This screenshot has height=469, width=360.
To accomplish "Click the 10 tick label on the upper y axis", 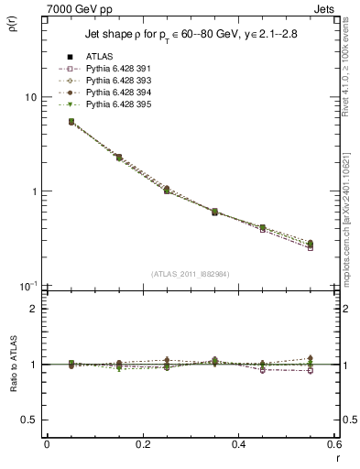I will tap(29, 97).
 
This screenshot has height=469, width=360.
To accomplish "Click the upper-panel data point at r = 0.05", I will tap(71, 121).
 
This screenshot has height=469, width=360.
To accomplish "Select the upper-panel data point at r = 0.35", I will tap(214, 212).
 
